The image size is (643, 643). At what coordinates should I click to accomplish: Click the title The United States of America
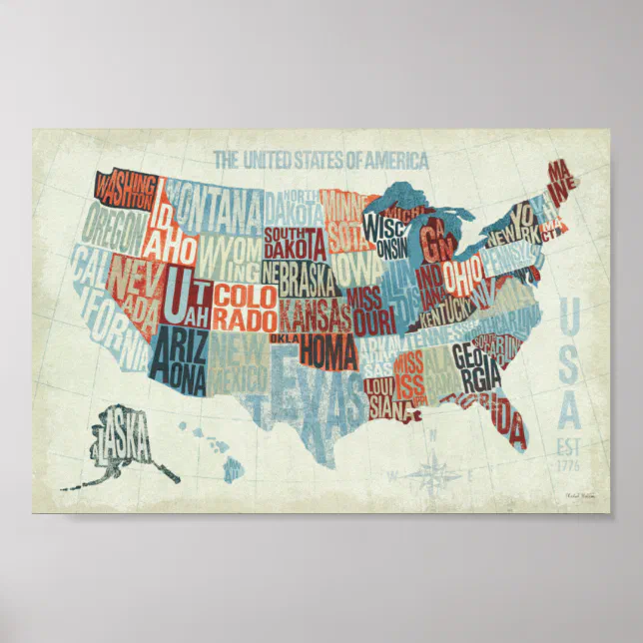pyautogui.click(x=321, y=160)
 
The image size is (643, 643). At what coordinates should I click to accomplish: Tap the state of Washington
pyautogui.click(x=125, y=190)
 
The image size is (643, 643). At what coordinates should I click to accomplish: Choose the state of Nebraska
pyautogui.click(x=300, y=276)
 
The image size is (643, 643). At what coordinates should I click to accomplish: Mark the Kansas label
pyautogui.click(x=314, y=318)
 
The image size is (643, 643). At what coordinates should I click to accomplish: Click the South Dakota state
pyautogui.click(x=295, y=243)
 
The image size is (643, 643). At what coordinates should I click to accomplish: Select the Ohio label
pyautogui.click(x=462, y=273)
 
